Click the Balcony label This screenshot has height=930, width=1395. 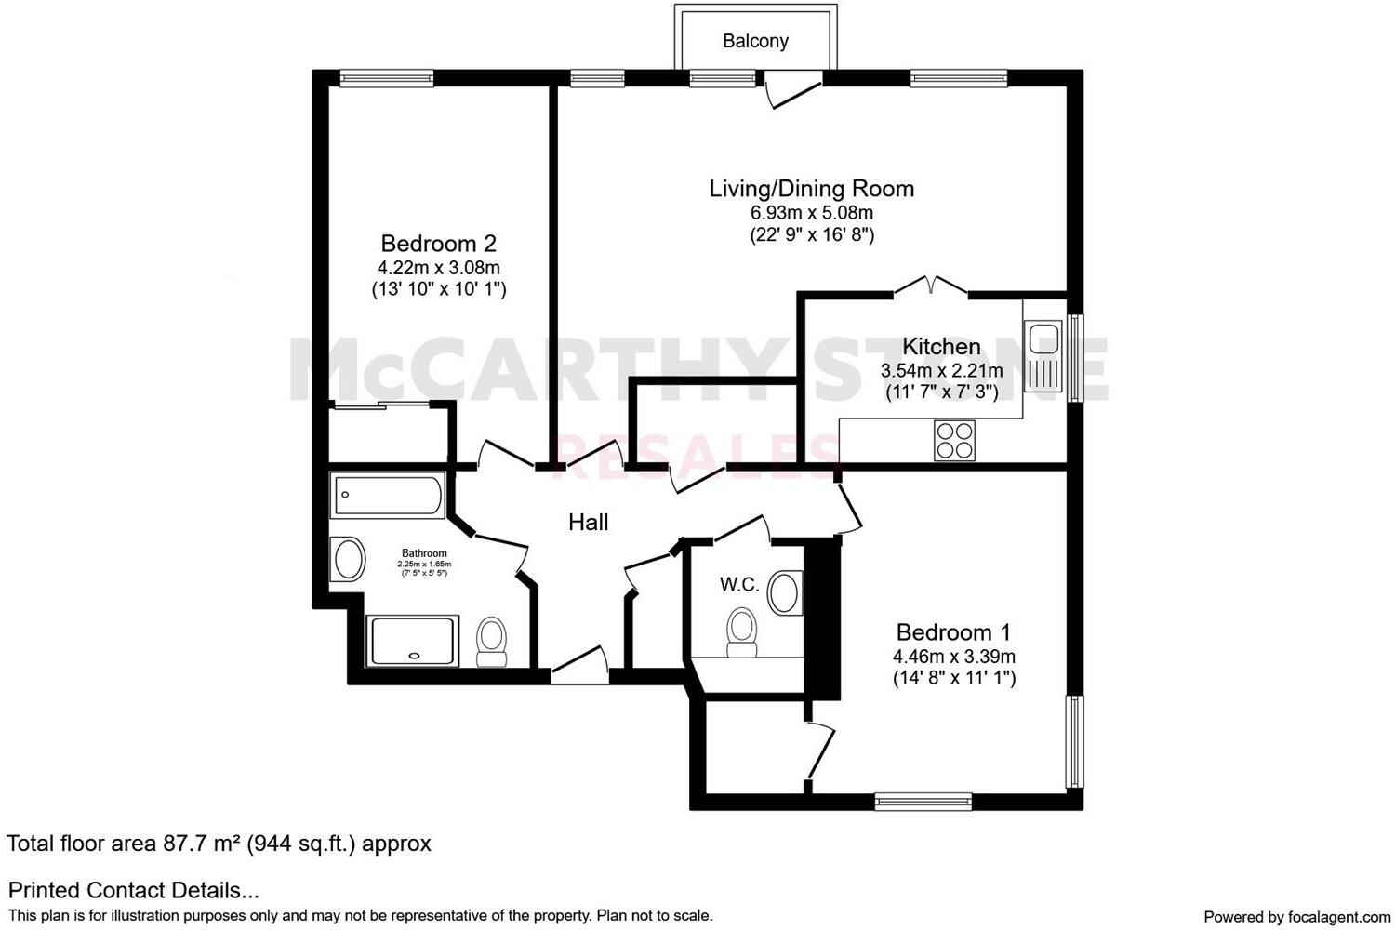click(755, 41)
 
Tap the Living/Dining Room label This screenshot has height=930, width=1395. click(811, 189)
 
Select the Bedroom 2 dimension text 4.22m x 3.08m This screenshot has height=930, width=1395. click(439, 268)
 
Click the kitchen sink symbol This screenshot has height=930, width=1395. click(1043, 356)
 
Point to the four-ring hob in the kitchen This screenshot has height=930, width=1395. click(954, 440)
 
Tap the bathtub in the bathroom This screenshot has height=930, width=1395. click(388, 496)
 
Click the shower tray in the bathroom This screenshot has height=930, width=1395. click(413, 641)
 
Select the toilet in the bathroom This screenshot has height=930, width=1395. click(491, 643)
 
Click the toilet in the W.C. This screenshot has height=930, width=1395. click(741, 631)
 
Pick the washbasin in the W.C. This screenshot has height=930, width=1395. click(786, 592)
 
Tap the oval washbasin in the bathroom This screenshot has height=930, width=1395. click(349, 560)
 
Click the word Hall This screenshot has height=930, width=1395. click(589, 523)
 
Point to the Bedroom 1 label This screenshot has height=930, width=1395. click(953, 632)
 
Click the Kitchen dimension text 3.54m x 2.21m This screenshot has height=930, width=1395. click(941, 370)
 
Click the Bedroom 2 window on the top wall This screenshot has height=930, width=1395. click(386, 79)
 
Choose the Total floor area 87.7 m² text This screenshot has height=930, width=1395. click(219, 844)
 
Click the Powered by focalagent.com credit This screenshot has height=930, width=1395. click(1296, 916)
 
